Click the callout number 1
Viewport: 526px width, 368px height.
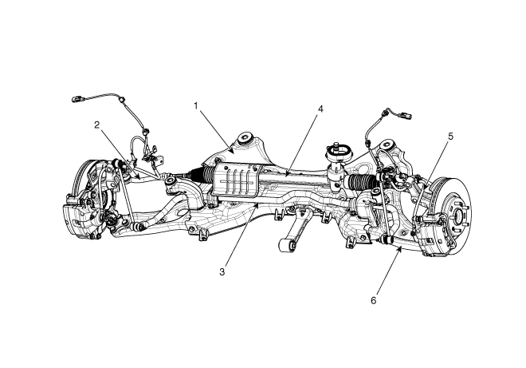point(196,106)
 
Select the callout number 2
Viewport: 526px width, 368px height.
point(97,125)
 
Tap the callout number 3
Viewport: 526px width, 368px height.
point(222,272)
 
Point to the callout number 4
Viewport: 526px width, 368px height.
point(320,109)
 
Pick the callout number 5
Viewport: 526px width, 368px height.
point(450,137)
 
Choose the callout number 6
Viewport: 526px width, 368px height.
point(374,300)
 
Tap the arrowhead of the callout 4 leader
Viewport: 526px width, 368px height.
point(288,174)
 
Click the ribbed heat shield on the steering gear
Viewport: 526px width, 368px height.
point(237,180)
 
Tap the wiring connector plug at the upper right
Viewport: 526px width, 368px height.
point(405,116)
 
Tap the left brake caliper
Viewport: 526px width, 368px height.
point(77,215)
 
